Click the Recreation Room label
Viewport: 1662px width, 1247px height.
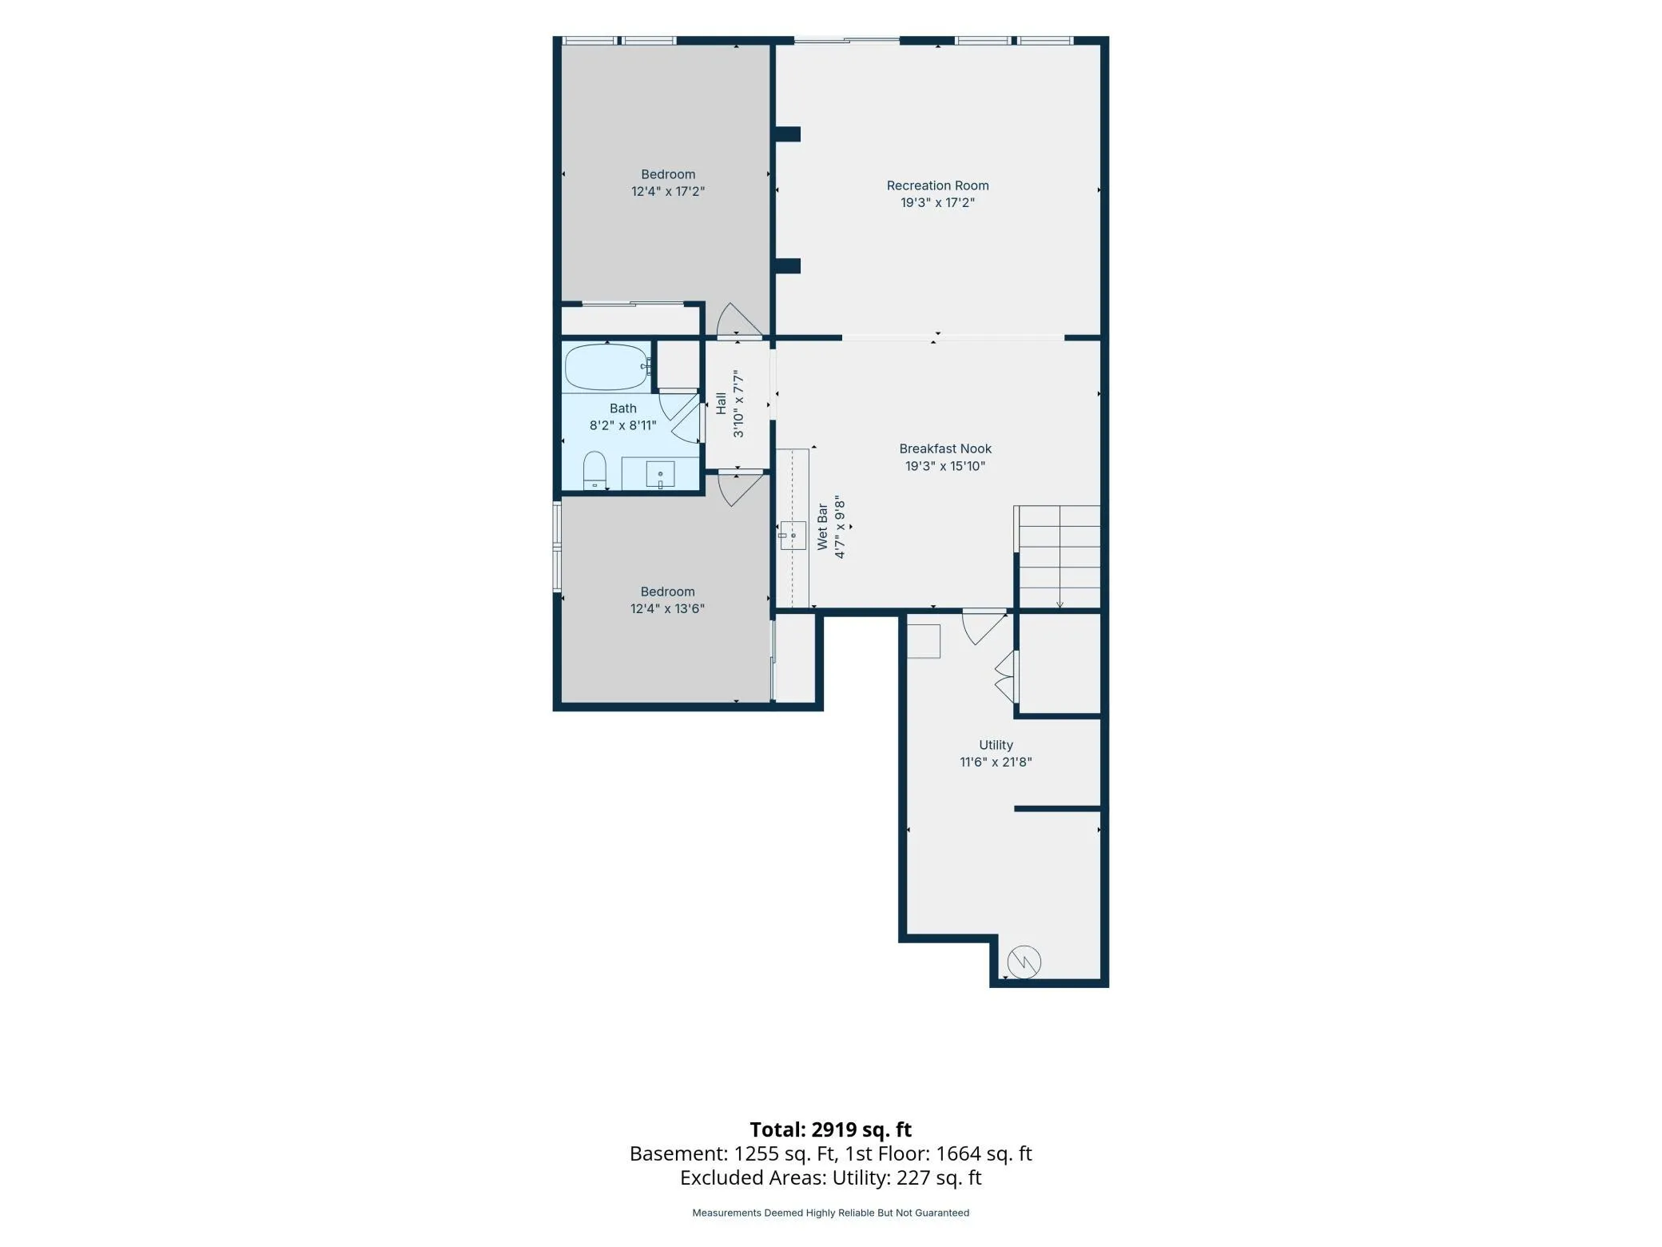pos(937,185)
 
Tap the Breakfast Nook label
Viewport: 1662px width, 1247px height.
pos(945,448)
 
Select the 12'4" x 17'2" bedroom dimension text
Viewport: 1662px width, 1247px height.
pos(668,191)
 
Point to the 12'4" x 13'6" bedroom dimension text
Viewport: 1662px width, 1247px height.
pos(667,608)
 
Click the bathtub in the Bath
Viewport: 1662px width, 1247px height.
pos(606,367)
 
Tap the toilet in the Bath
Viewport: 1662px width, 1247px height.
pos(594,470)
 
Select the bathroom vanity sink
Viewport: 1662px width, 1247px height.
pos(660,473)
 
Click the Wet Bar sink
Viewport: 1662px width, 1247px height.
pos(793,535)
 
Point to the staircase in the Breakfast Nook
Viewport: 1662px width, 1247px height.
pos(1058,557)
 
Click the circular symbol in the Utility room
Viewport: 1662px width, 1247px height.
pos(1024,962)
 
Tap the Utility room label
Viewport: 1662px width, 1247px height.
pos(996,745)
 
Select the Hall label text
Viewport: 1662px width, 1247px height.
pos(722,403)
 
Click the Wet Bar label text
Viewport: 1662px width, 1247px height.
pos(822,527)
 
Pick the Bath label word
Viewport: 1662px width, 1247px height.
pos(623,408)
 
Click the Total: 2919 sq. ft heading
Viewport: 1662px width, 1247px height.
pos(830,1129)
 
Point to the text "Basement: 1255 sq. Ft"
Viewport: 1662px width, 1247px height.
pos(733,1153)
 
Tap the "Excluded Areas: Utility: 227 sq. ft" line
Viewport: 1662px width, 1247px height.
pos(831,1177)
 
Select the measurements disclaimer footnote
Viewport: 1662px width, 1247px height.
pos(831,1213)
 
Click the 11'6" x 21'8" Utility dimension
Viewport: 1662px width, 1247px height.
pos(996,762)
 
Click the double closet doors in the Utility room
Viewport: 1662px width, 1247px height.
pos(1005,676)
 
